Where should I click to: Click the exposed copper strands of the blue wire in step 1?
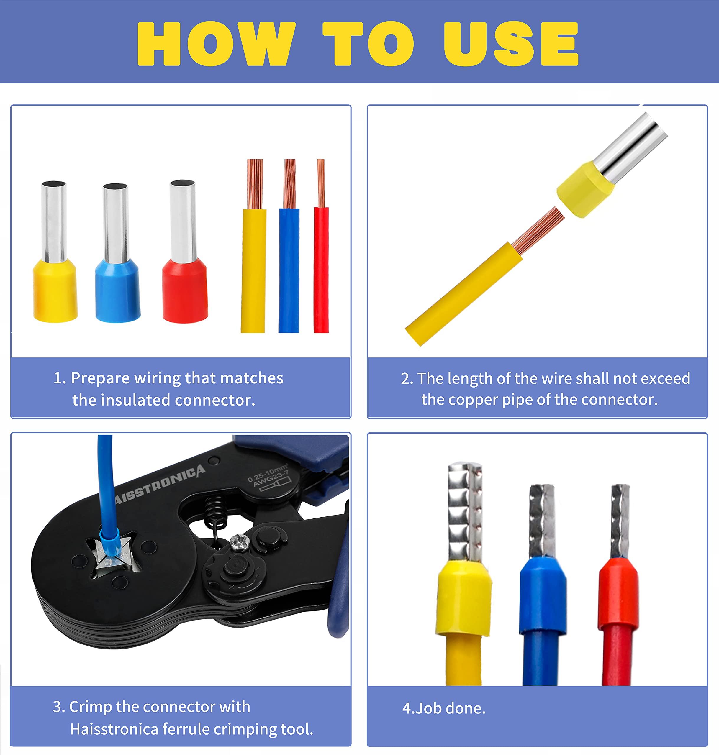289,184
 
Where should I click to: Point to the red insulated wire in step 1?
321,268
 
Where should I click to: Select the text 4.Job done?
444,708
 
